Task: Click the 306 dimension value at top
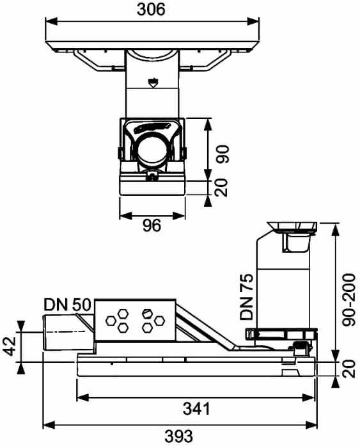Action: point(151,10)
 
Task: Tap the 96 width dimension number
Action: point(152,226)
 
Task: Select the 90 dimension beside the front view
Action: point(223,154)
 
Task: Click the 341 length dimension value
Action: point(196,408)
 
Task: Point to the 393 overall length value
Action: point(178,436)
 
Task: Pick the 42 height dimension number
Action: point(10,346)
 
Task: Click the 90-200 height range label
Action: point(349,300)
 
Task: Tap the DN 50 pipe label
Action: point(67,305)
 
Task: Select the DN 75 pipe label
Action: point(246,297)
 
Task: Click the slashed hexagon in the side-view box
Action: point(146,314)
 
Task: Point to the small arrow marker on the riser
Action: point(153,83)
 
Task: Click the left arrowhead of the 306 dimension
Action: point(52,21)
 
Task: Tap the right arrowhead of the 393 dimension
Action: point(311,425)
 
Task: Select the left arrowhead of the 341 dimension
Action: point(83,397)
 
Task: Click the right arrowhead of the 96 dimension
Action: point(179,216)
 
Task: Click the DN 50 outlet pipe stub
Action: point(68,332)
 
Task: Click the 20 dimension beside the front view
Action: point(222,188)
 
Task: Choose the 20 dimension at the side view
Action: point(349,369)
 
